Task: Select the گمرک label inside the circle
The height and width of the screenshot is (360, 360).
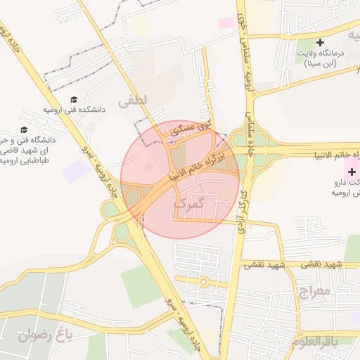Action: coord(188,203)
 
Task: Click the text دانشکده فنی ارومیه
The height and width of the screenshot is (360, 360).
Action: coord(74,110)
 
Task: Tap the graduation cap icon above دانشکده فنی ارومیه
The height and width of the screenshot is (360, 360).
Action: coord(75,99)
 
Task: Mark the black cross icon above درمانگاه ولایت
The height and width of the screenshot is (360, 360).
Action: coord(320,42)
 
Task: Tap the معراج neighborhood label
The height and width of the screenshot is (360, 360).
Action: coord(314,290)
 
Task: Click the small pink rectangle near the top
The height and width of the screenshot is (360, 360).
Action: coord(226,23)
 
